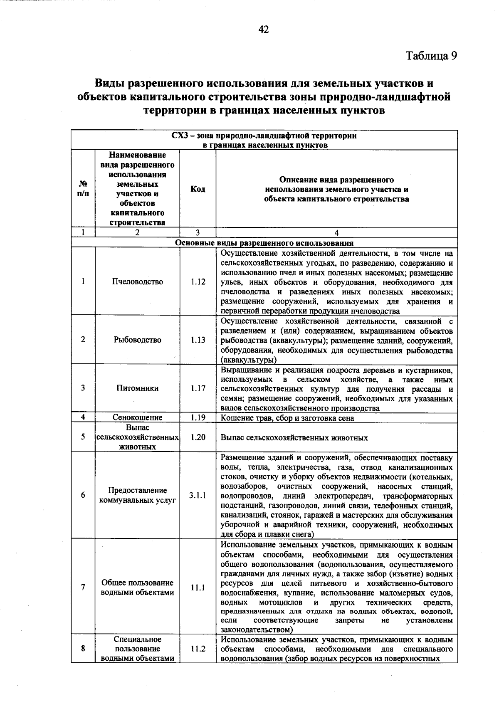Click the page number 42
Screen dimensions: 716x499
click(x=264, y=29)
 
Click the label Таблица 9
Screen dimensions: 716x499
click(x=431, y=56)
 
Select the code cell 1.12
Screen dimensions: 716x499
click(x=198, y=281)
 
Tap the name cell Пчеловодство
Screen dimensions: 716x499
click(x=138, y=281)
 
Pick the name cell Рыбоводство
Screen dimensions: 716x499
click(x=138, y=340)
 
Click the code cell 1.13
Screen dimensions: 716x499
click(x=198, y=340)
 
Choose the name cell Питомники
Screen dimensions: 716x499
click(x=138, y=388)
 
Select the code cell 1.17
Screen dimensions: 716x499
click(x=198, y=388)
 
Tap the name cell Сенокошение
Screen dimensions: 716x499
click(x=138, y=417)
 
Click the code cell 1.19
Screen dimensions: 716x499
click(x=198, y=417)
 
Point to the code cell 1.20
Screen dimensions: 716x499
click(x=198, y=437)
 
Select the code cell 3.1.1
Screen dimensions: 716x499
click(x=198, y=495)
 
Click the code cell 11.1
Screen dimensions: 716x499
click(x=198, y=588)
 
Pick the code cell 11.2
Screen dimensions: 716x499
click(x=198, y=649)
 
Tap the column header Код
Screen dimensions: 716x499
click(x=198, y=189)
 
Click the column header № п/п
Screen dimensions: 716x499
click(x=83, y=189)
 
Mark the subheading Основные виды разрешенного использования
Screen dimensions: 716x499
click(x=264, y=243)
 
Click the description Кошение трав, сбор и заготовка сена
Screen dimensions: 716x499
click(x=287, y=418)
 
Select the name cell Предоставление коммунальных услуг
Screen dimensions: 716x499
click(x=138, y=495)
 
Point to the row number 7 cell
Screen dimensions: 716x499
click(x=83, y=588)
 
